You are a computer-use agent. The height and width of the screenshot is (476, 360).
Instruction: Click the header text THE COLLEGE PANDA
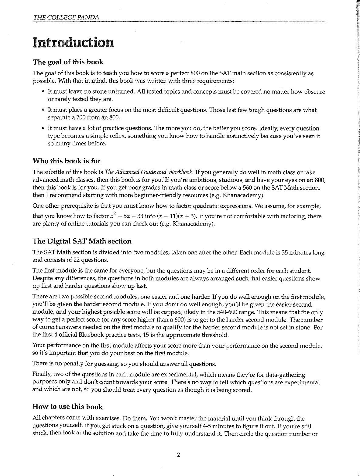coord(66,17)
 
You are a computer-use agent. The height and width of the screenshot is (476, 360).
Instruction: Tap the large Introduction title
coord(74,42)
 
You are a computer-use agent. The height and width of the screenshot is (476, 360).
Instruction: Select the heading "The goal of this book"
coord(68,62)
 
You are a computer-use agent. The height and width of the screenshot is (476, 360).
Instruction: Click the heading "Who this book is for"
coord(67,161)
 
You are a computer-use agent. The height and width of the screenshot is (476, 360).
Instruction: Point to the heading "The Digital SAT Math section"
coord(82,241)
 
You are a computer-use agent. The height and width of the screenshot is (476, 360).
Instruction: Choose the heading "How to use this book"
coord(67,407)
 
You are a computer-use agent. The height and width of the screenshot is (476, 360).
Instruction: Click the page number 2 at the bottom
coord(179,455)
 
